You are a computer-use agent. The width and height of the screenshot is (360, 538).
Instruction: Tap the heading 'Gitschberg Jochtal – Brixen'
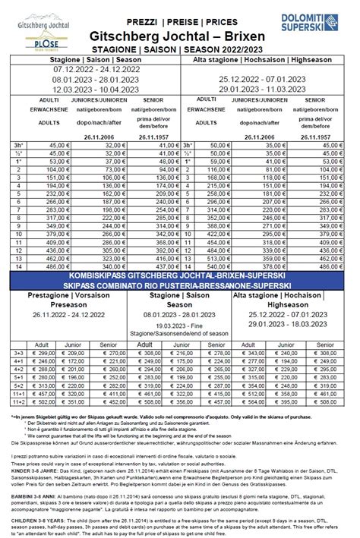coord(180,36)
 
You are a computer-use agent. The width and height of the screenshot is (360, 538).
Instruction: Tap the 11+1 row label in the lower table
coord(19,414)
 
